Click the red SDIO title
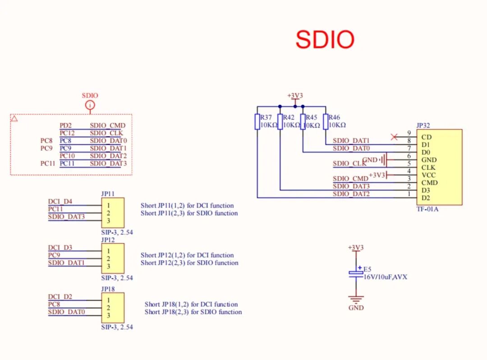[325, 40]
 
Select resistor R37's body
[257, 121]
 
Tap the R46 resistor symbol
[326, 121]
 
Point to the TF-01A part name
[427, 209]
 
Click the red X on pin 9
[394, 137]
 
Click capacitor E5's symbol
[356, 273]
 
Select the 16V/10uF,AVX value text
[386, 277]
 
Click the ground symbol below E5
[356, 300]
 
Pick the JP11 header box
[113, 212]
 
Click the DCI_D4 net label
[60, 201]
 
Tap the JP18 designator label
[108, 288]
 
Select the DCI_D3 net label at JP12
[60, 248]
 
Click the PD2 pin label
[66, 125]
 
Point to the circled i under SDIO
[90, 105]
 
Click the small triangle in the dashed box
[14, 119]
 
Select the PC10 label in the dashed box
[67, 156]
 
